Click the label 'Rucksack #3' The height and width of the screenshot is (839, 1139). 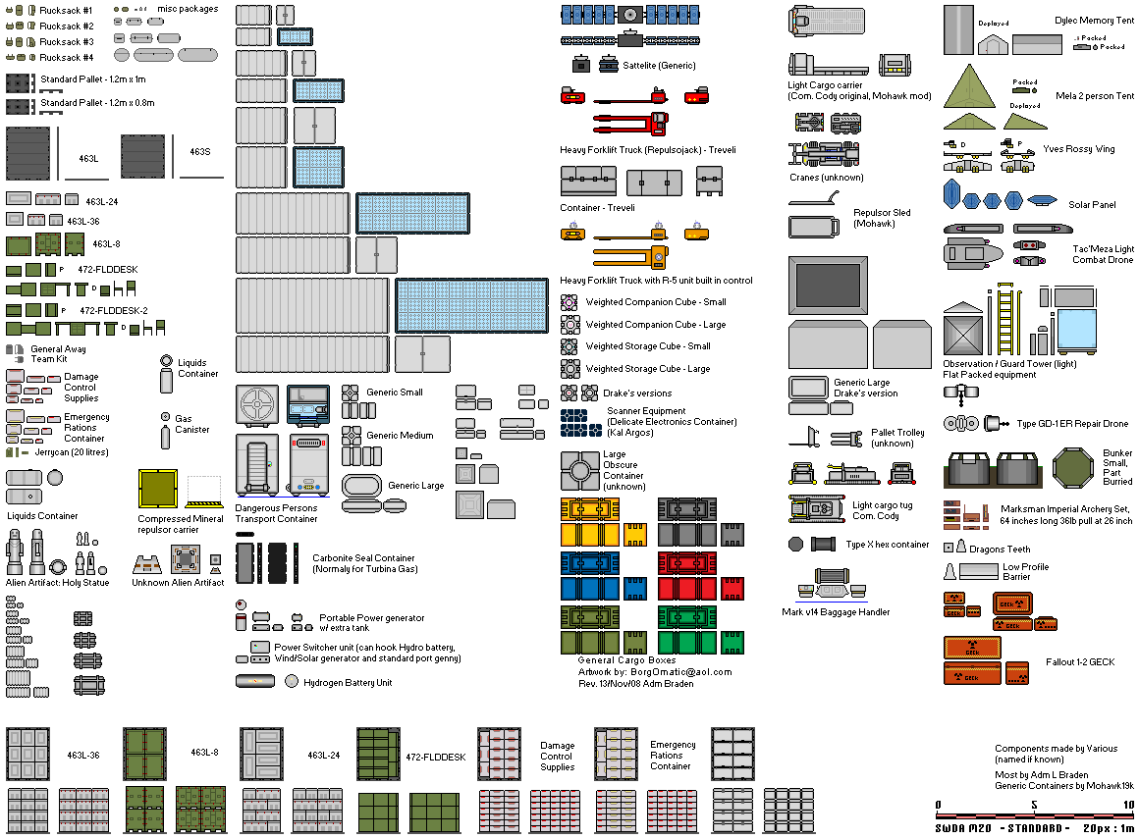pos(67,42)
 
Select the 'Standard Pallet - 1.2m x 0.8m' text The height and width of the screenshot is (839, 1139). pos(97,103)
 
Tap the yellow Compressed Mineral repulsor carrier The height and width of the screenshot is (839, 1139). pos(157,488)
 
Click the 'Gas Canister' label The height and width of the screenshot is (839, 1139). pos(191,424)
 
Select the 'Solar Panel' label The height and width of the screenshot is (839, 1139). pos(1092,205)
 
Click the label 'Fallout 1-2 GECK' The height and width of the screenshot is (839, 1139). pos(1080,662)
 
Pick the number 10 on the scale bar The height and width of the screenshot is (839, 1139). pos(1128,806)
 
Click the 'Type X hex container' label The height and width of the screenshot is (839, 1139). pos(887,545)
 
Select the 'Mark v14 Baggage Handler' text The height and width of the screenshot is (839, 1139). pos(836,612)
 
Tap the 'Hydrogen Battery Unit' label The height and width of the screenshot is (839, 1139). pos(348,683)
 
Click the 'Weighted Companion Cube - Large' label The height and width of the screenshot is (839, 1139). pos(656,325)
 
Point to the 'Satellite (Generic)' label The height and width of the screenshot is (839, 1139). pos(659,66)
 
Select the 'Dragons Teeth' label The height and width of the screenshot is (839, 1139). pos(1000,550)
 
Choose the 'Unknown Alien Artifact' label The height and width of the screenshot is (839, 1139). pos(179,583)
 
